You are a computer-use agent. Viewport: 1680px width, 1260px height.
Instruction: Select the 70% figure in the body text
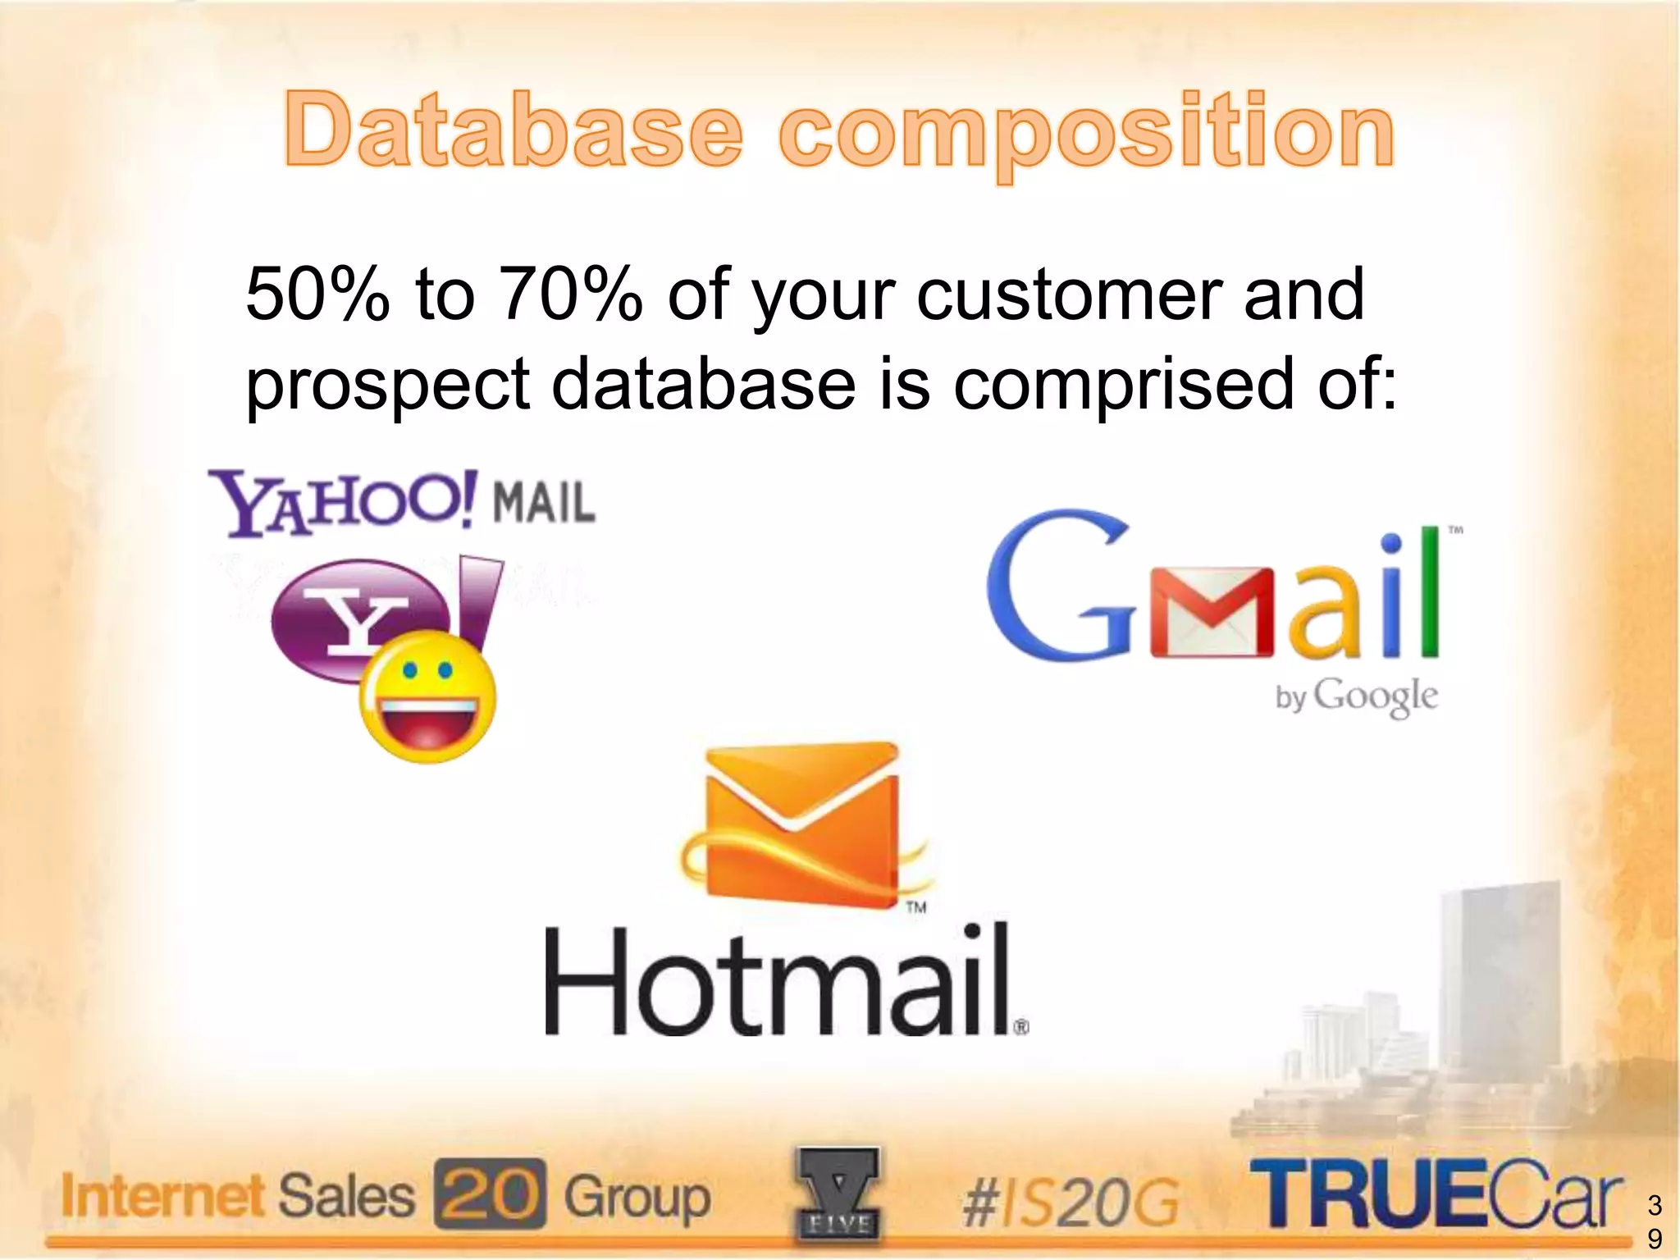571,294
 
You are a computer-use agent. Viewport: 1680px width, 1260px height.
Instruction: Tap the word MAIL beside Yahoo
543,502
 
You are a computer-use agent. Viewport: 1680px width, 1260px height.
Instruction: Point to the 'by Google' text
1356,697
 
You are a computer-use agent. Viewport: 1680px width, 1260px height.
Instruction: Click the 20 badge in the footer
490,1194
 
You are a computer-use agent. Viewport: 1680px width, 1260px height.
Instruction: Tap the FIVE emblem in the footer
838,1194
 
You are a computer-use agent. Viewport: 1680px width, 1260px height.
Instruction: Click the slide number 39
1655,1221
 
